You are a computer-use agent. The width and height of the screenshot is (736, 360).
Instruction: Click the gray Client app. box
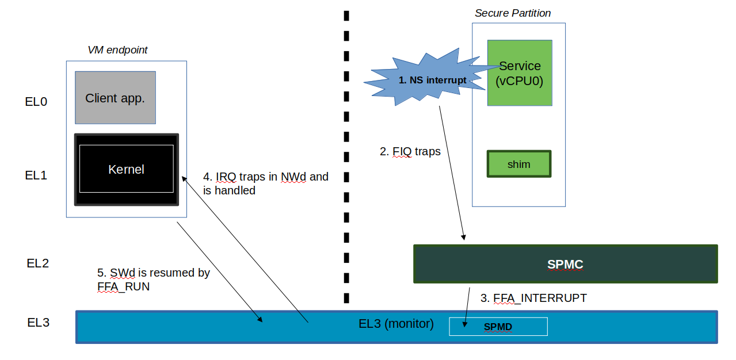click(115, 98)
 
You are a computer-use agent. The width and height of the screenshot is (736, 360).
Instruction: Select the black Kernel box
click(127, 170)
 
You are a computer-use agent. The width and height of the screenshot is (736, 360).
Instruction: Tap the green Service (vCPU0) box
click(520, 74)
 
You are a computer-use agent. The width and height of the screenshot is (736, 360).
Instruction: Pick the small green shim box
click(518, 164)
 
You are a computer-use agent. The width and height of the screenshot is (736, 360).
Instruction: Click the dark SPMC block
click(565, 265)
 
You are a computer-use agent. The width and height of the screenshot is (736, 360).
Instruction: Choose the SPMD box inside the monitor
click(498, 327)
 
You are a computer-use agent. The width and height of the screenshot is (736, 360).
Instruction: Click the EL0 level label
click(36, 102)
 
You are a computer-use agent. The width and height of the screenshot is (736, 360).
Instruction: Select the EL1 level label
click(36, 175)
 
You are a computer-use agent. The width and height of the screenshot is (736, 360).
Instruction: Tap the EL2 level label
click(38, 263)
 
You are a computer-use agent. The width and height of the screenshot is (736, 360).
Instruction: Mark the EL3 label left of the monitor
click(38, 323)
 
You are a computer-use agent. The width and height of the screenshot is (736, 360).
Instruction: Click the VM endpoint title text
click(117, 50)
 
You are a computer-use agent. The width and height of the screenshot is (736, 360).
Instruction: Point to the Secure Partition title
click(512, 13)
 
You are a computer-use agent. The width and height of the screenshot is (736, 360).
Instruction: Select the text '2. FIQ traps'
click(410, 152)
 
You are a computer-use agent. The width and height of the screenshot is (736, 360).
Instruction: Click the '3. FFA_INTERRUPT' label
click(533, 298)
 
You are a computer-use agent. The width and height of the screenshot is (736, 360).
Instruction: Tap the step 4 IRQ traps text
click(265, 183)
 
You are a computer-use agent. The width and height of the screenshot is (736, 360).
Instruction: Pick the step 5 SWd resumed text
click(153, 279)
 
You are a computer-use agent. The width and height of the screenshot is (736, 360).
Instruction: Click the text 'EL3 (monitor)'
click(396, 324)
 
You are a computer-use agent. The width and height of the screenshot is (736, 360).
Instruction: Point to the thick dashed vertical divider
click(346, 155)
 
